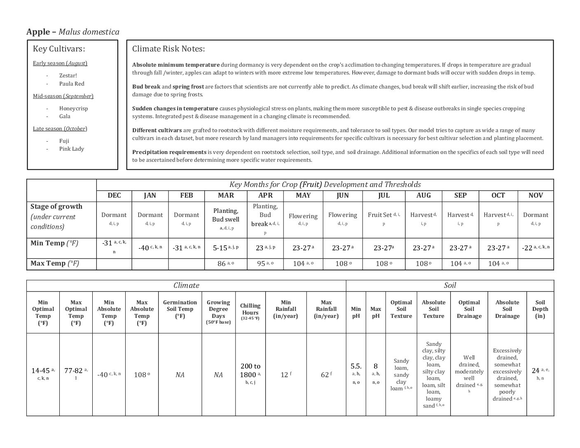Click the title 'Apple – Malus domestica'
click(73, 32)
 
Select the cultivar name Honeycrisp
click(73, 108)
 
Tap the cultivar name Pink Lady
click(71, 149)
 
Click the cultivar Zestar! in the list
click(68, 75)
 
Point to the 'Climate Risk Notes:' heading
click(168, 49)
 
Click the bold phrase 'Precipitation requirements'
click(169, 152)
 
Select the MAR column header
click(226, 195)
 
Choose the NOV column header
click(536, 195)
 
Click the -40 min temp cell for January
click(150, 247)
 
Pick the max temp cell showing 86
click(225, 264)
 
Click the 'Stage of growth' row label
click(56, 206)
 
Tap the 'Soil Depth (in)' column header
click(540, 309)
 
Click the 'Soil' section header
click(450, 285)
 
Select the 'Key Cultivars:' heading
click(59, 49)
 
